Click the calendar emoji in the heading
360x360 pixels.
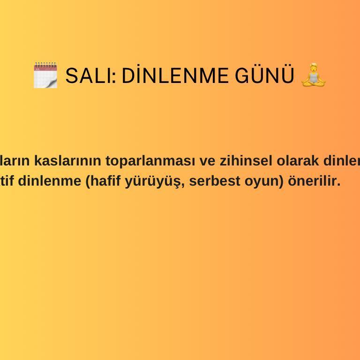(x=45, y=75)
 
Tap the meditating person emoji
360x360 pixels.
(x=313, y=75)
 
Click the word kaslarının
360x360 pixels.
(x=69, y=161)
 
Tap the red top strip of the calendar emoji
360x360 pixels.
(x=45, y=67)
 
